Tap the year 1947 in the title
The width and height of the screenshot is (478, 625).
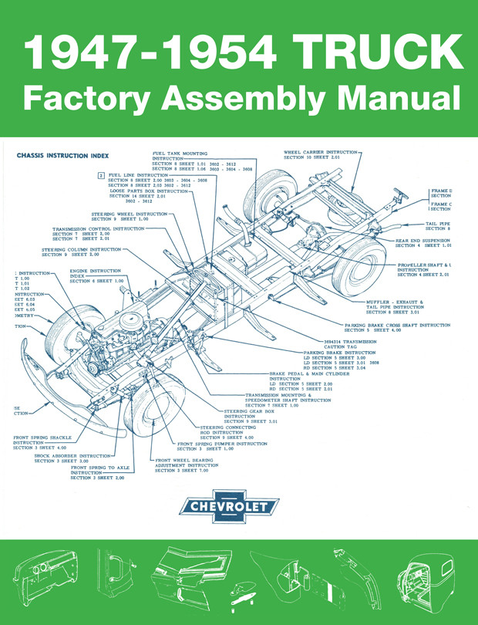pyautogui.click(x=81, y=56)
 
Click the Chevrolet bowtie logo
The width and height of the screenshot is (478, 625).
pyautogui.click(x=227, y=507)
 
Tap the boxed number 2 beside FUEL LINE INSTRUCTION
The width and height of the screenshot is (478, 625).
pyautogui.click(x=101, y=176)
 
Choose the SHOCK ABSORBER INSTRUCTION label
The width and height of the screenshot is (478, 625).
pyautogui.click(x=73, y=456)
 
